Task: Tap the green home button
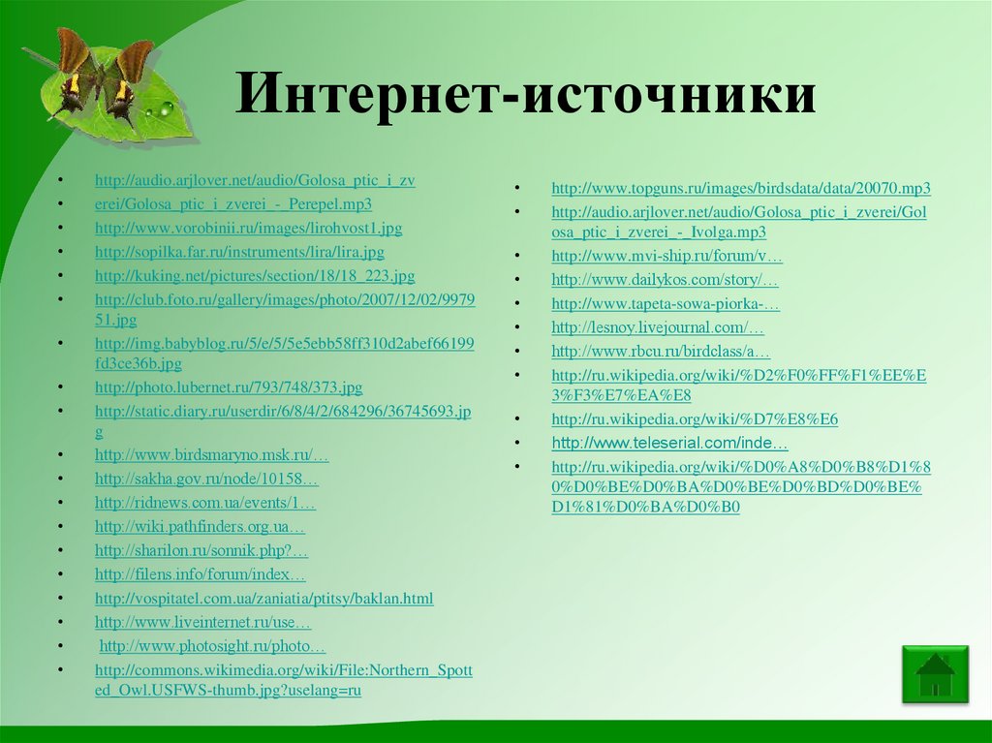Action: (x=935, y=673)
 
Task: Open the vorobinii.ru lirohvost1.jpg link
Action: (x=248, y=229)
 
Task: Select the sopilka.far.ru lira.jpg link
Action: (x=239, y=252)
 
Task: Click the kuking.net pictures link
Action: (x=255, y=276)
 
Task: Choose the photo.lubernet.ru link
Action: (x=229, y=387)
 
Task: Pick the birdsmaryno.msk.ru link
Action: (x=212, y=455)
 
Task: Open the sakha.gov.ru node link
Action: (x=206, y=479)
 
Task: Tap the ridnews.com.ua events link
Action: (x=205, y=503)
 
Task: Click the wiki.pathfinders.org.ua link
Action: (x=201, y=527)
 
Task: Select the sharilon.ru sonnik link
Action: (x=201, y=550)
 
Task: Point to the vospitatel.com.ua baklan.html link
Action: (x=263, y=598)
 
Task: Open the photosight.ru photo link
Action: (x=213, y=645)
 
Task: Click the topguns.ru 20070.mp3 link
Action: (x=741, y=188)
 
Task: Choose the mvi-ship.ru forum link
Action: (x=666, y=257)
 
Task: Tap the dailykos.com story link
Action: (x=665, y=280)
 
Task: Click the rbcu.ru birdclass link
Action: (x=661, y=351)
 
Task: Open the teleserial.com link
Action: (x=669, y=443)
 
